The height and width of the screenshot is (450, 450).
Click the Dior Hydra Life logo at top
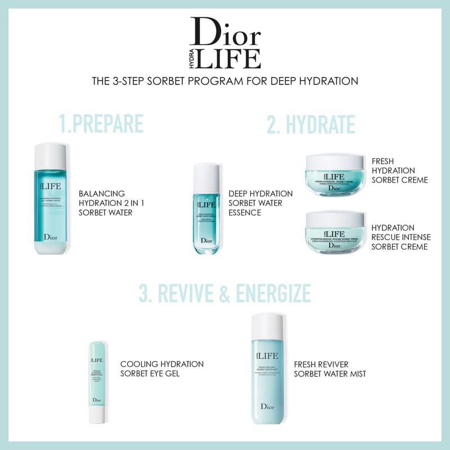[225, 42]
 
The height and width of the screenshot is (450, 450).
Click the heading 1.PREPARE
[102, 124]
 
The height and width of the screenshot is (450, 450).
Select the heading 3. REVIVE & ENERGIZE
[225, 294]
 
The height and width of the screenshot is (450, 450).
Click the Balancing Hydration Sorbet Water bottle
[51, 202]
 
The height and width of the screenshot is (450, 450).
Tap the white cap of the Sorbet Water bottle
[51, 155]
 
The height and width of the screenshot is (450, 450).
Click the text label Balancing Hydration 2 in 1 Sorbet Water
[110, 203]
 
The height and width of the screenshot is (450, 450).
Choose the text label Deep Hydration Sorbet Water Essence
[260, 203]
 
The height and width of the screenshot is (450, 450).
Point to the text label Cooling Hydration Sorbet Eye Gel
[161, 368]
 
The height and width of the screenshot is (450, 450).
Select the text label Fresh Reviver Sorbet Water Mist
[330, 368]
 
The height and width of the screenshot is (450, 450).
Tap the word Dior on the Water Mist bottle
[267, 407]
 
